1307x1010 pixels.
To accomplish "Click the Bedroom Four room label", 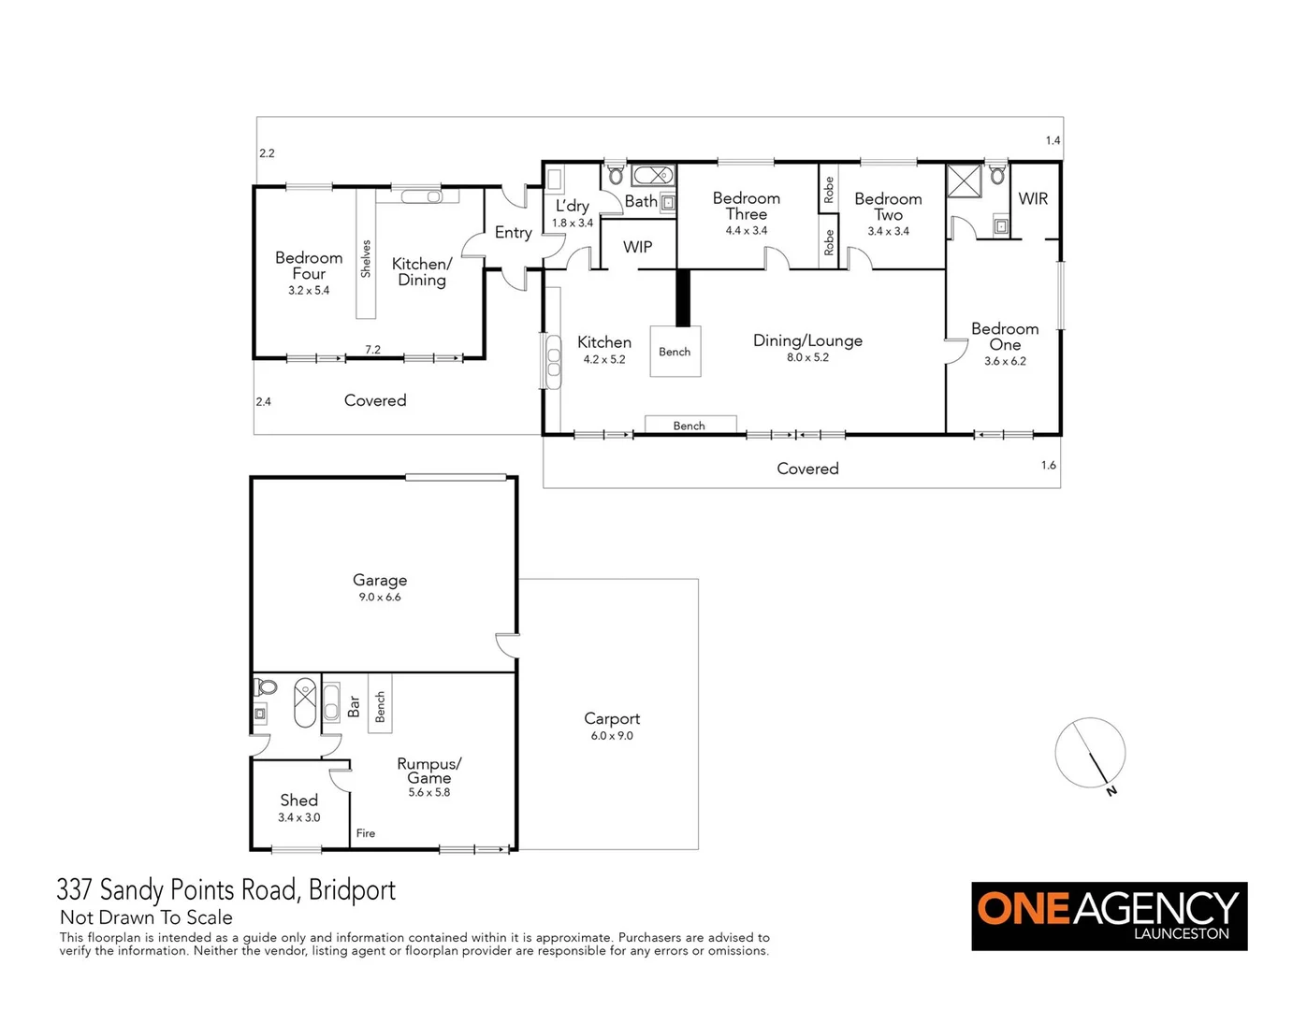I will click(309, 266).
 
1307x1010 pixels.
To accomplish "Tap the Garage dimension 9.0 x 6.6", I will click(380, 598).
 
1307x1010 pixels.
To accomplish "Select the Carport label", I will click(612, 718).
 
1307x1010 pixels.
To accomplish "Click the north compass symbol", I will click(1091, 754).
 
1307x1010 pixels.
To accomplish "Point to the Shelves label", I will click(366, 259).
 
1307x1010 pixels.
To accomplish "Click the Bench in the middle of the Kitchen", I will click(675, 352).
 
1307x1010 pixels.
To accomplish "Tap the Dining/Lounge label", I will click(807, 340).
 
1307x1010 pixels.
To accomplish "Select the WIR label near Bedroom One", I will click(1033, 198).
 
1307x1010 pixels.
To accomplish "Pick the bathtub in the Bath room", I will click(653, 175).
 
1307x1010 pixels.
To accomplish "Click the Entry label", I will click(513, 232).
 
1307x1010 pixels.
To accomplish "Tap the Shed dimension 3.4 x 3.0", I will click(298, 817).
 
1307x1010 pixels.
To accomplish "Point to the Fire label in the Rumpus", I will click(366, 833).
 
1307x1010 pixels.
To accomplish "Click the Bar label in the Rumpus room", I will click(354, 706).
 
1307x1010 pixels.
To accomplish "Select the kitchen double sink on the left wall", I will click(553, 361).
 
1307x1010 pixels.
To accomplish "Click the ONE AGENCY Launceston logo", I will click(1109, 916).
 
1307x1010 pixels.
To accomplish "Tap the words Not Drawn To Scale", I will click(146, 917).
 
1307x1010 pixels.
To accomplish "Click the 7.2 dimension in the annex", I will click(372, 350).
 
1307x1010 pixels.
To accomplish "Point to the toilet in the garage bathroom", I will click(266, 687).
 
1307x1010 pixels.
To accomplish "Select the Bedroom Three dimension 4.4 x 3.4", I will click(746, 231).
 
